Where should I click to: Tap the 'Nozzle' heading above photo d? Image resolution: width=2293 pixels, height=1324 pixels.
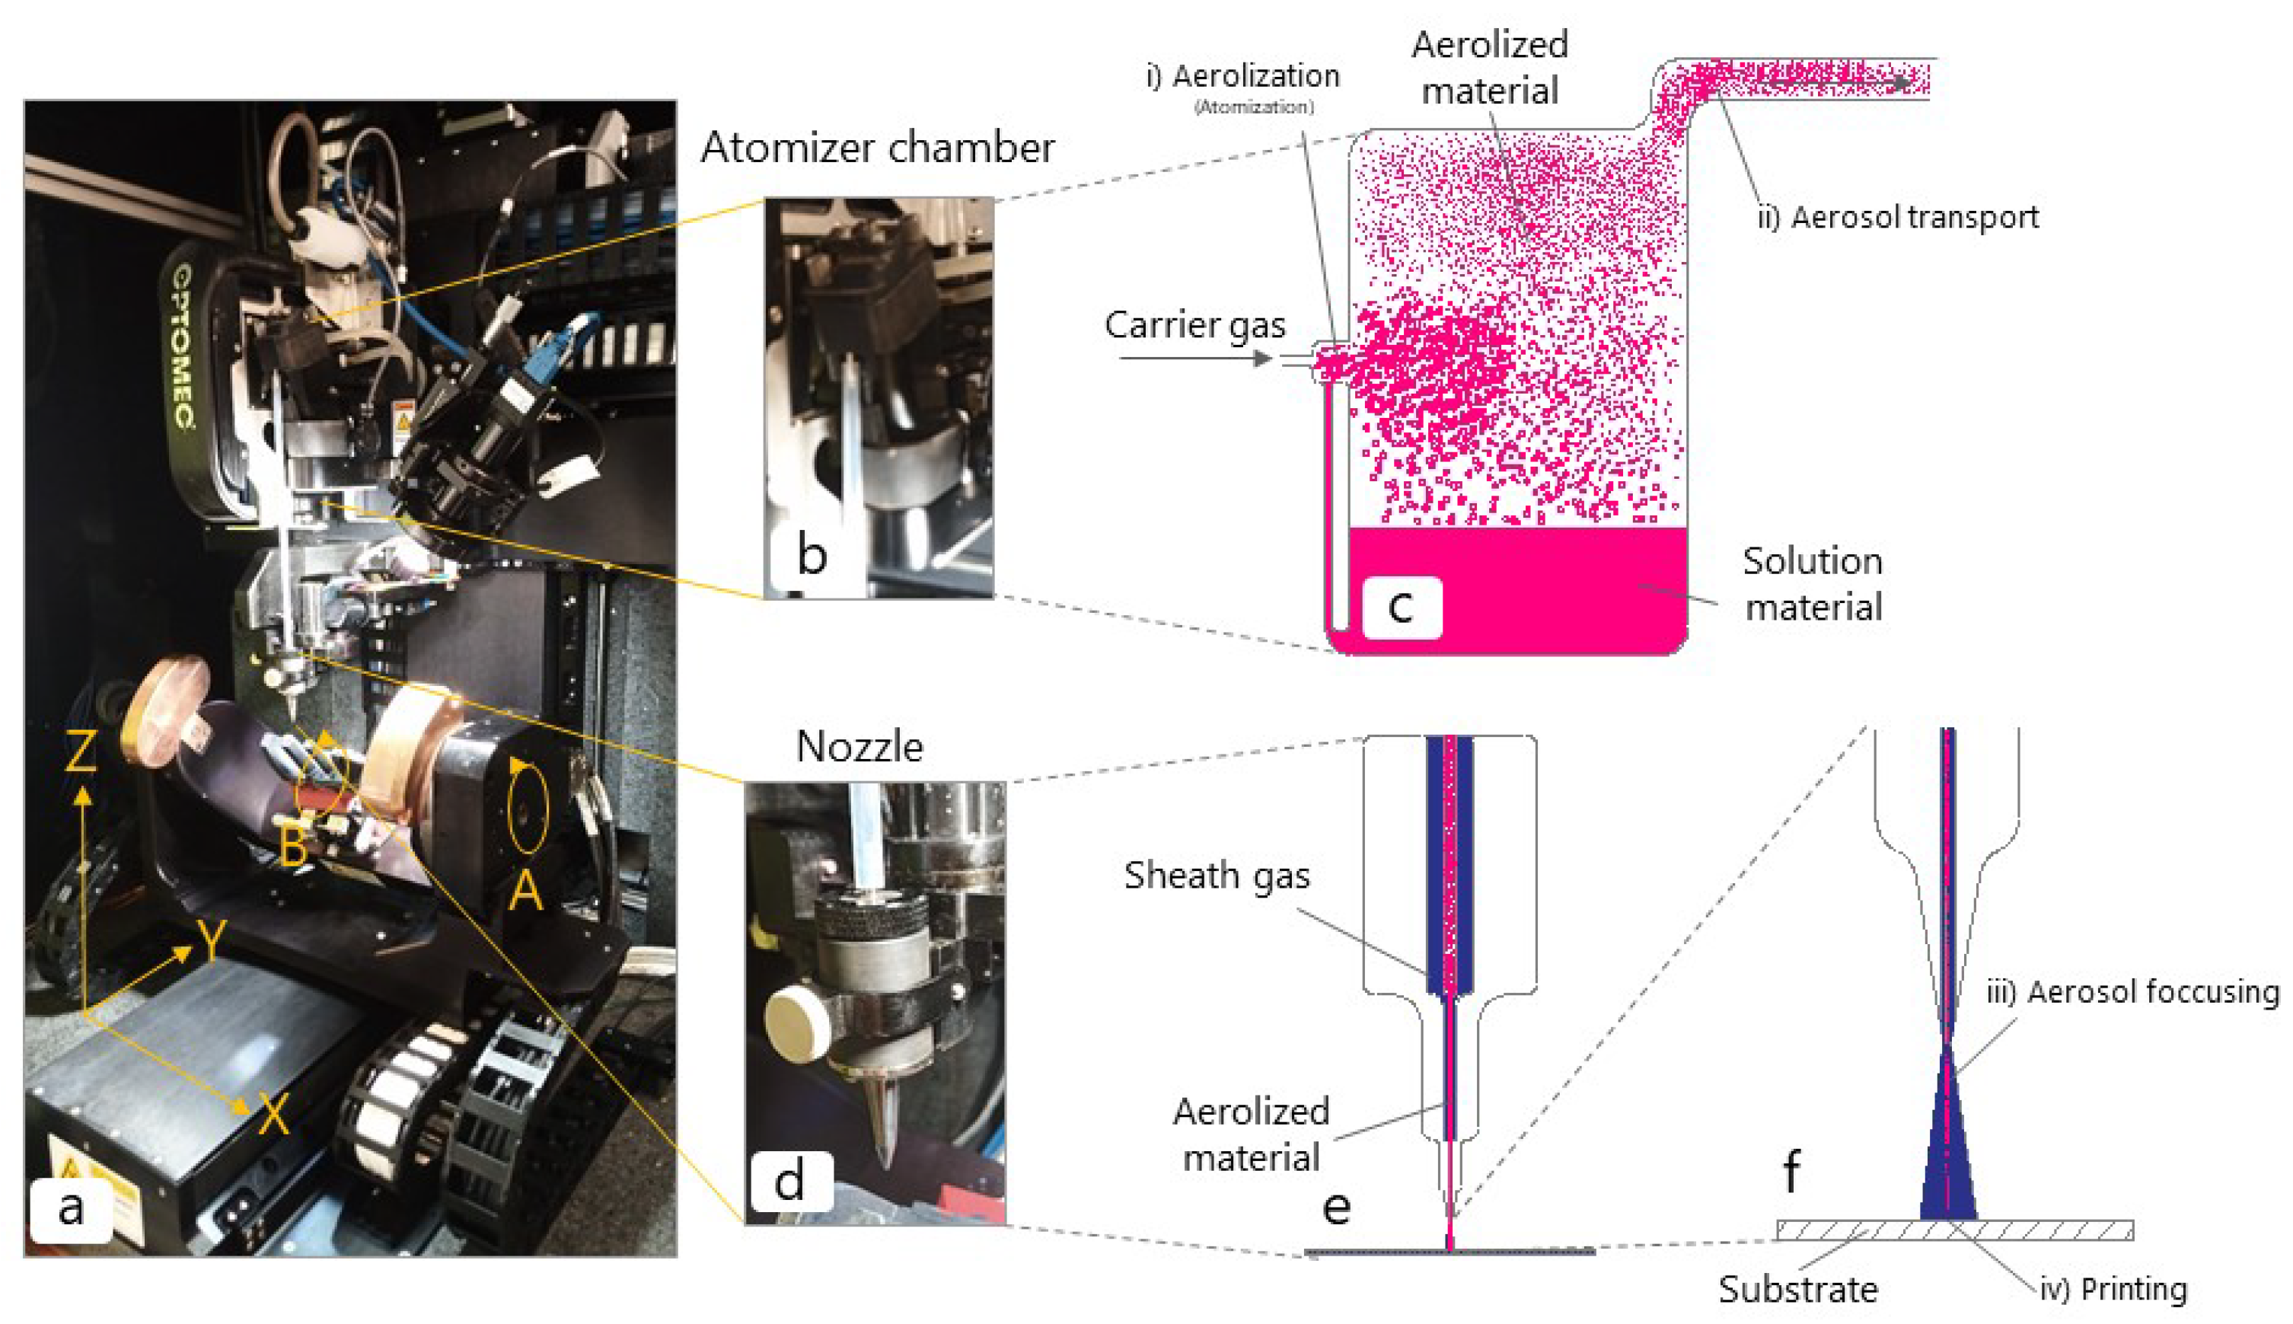(859, 747)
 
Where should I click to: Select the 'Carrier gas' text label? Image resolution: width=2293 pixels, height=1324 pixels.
(1194, 324)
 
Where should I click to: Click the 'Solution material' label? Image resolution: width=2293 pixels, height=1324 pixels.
(1812, 584)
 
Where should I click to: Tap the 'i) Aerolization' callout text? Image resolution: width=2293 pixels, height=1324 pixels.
(1243, 76)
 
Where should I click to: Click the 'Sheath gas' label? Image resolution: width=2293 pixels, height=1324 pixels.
(1217, 875)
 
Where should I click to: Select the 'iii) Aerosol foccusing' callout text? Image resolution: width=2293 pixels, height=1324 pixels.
(2132, 992)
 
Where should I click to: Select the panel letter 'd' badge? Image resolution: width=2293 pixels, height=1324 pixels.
(789, 1180)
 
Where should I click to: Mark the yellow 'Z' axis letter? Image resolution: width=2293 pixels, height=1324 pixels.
(81, 752)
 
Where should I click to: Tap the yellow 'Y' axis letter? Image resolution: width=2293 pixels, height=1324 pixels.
(211, 941)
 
